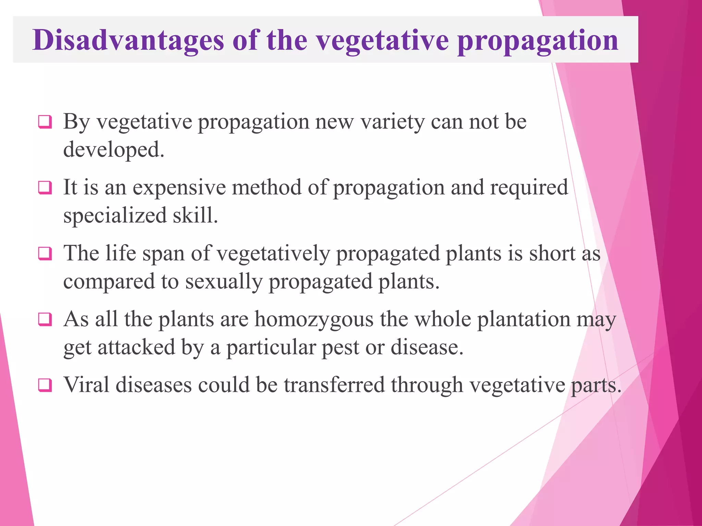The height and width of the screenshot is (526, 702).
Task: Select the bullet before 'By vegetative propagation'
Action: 45,122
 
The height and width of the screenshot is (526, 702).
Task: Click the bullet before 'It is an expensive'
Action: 45,188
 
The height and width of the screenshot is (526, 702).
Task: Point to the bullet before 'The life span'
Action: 45,253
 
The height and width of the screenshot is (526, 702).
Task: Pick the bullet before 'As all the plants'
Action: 45,320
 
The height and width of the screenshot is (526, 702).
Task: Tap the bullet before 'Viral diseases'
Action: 45,385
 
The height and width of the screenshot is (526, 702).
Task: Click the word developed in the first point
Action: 113,150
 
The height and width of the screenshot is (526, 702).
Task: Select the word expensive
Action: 179,188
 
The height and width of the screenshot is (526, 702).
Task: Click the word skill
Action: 195,216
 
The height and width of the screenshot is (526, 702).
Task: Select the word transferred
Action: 334,385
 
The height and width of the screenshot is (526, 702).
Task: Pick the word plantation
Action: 523,320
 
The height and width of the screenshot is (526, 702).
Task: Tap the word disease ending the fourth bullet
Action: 427,348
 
